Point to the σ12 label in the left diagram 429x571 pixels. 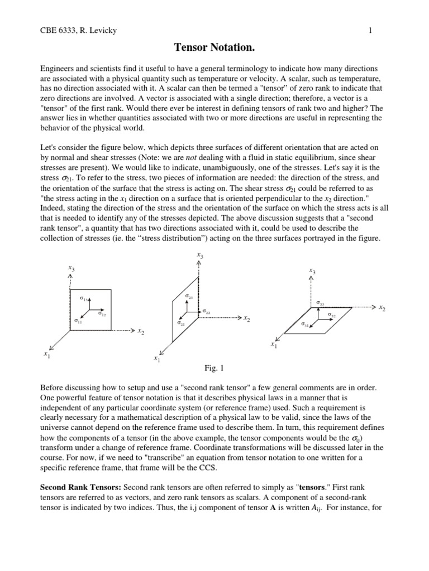pyautogui.click(x=102, y=314)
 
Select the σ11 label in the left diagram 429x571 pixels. pyautogui.click(x=78, y=321)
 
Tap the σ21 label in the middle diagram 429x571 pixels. pyautogui.click(x=181, y=323)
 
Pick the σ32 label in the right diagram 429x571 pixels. pyautogui.click(x=332, y=316)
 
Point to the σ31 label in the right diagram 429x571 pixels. pyautogui.click(x=305, y=324)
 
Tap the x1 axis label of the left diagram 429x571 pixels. pyautogui.click(x=47, y=354)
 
